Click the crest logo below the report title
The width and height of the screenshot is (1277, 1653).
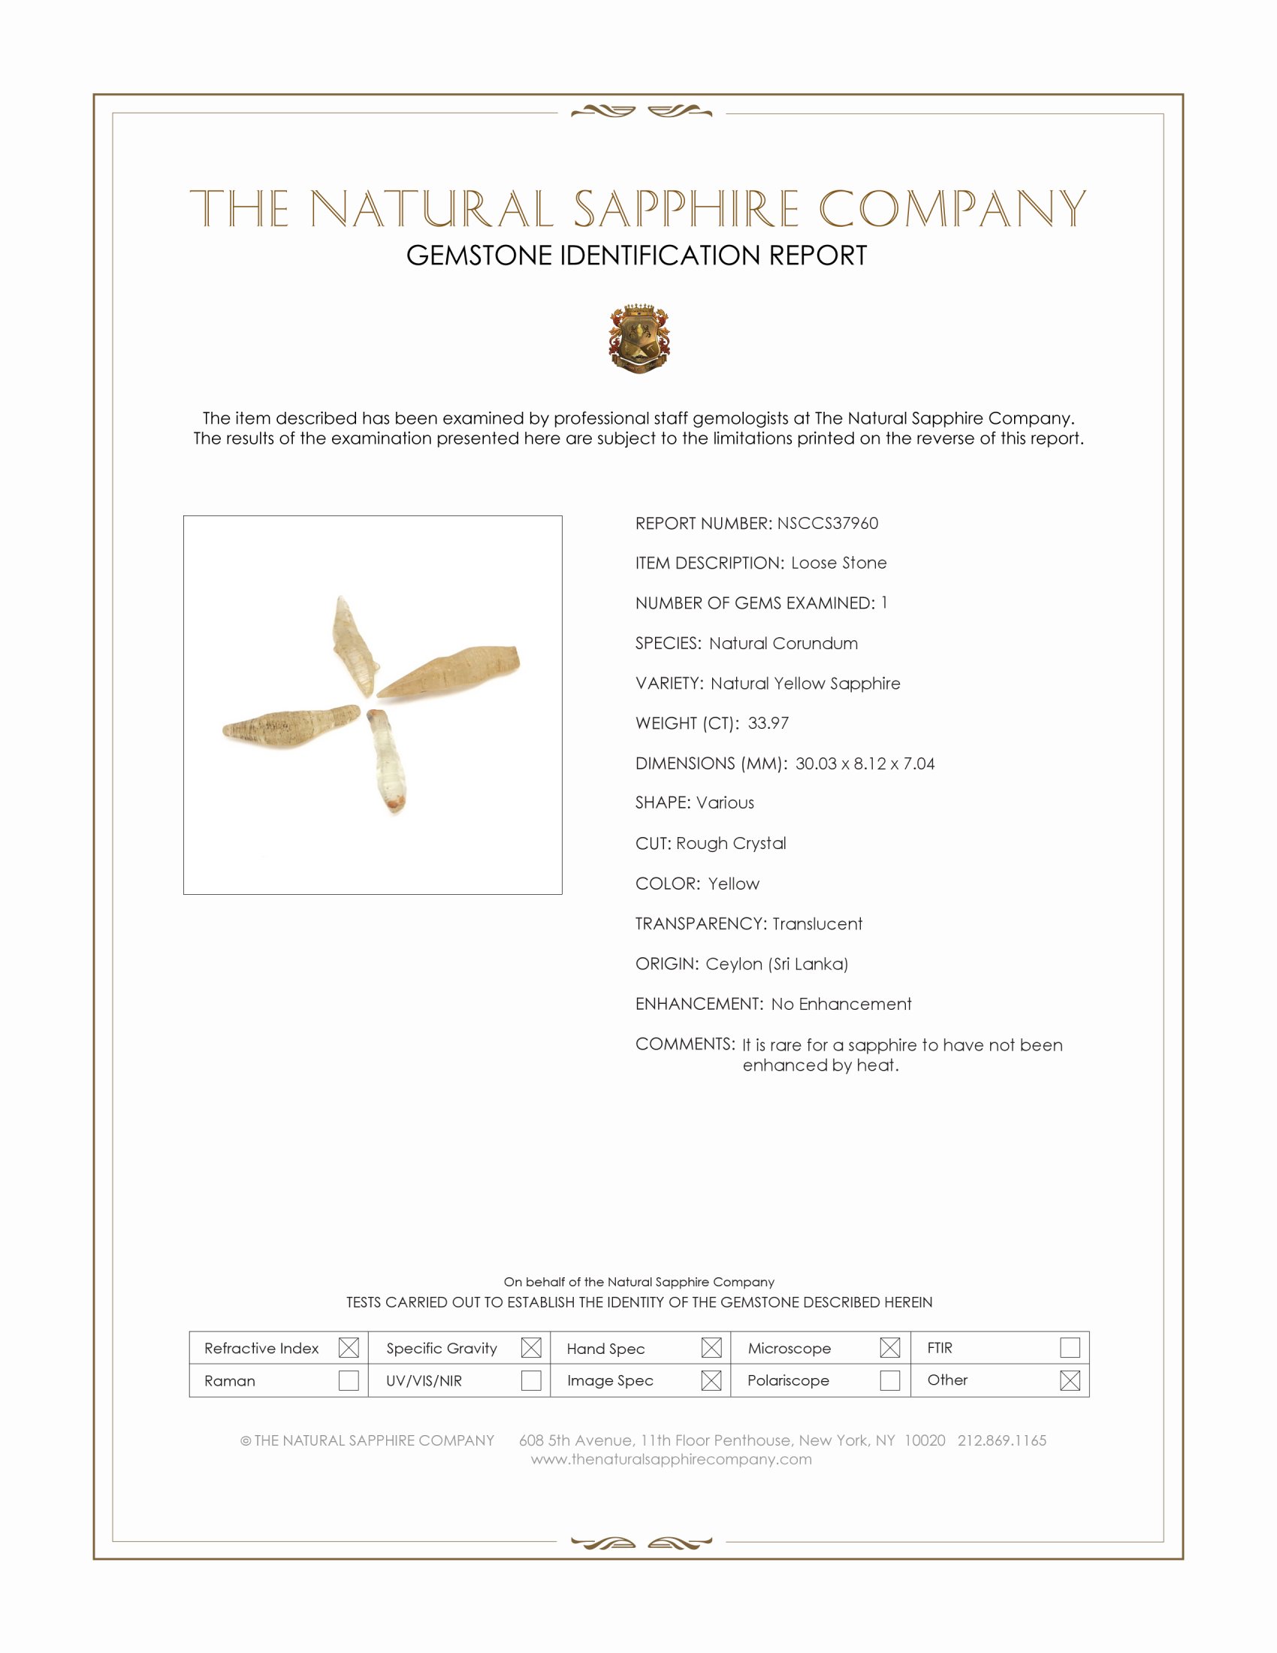pos(639,338)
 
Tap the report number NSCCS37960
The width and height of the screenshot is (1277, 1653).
pos(828,523)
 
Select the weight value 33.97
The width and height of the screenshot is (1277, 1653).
pos(768,723)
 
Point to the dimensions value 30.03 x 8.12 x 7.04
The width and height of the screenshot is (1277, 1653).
pos(865,763)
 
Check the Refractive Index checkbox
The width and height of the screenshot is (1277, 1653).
pos(349,1348)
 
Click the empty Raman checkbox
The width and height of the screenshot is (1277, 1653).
pos(349,1380)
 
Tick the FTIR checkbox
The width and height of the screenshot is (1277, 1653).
pos(1070,1348)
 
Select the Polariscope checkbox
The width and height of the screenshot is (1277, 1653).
pos(889,1380)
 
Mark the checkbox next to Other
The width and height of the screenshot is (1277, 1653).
pos(1070,1380)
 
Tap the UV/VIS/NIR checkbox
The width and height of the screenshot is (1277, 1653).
pos(531,1380)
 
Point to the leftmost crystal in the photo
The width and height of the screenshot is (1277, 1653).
pos(291,725)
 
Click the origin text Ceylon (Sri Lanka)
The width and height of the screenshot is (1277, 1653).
pos(777,963)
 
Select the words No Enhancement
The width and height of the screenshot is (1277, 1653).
pos(841,1004)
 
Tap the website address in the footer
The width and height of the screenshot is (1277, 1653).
pos(671,1459)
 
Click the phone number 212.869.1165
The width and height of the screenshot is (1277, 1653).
pos(1001,1440)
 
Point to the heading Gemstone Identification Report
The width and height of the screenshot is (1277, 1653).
pos(636,255)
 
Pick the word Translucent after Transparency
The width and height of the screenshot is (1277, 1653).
pos(817,923)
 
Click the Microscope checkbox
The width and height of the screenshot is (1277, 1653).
pos(889,1348)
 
